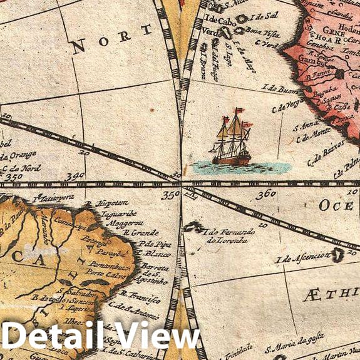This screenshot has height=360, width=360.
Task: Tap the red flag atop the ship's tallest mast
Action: (x=239, y=111)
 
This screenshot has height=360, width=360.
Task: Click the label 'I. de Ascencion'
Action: (x=302, y=257)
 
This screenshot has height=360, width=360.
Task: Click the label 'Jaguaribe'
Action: (x=115, y=213)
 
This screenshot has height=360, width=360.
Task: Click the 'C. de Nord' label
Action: (x=22, y=168)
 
